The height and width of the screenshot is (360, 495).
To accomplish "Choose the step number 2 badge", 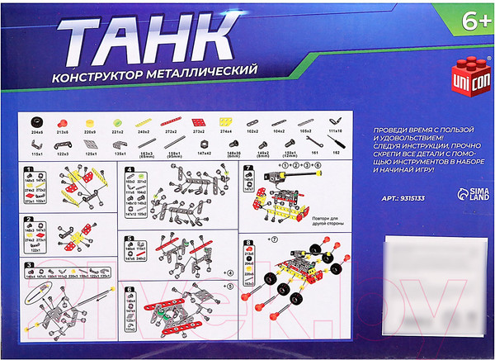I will pyautogui.click(x=29, y=220).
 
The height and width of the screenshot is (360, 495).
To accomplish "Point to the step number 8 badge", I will pyautogui.click(x=248, y=242).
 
